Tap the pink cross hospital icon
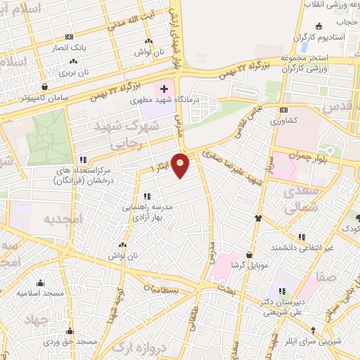(164, 89)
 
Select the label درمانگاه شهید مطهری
(165, 100)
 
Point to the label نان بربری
(74, 72)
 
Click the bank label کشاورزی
(283, 120)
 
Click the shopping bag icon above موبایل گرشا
(249, 255)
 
